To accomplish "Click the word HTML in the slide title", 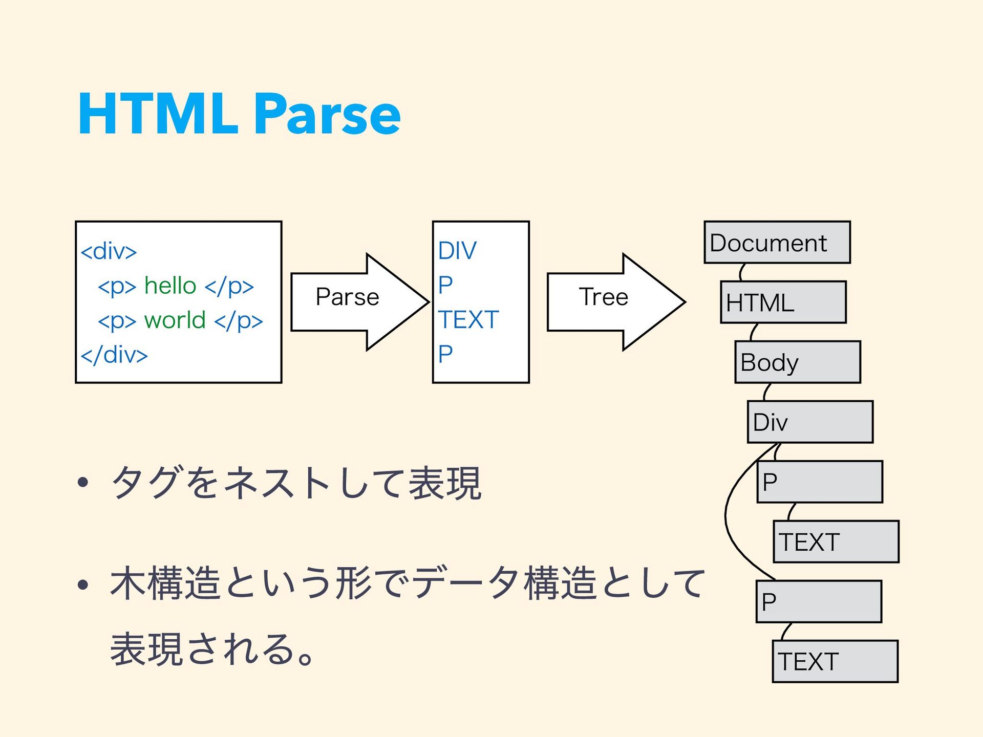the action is [x=158, y=113].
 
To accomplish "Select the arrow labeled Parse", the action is [x=359, y=302].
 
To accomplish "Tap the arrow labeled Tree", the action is [x=616, y=302].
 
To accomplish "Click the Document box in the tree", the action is [x=777, y=242].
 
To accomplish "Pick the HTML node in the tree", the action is [x=783, y=302].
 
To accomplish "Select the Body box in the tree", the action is [x=798, y=362].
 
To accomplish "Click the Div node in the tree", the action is [x=810, y=422].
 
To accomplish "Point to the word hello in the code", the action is [x=170, y=285].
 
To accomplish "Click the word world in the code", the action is [x=175, y=320].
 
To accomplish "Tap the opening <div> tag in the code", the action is [x=109, y=251].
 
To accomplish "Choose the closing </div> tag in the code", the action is [x=114, y=354].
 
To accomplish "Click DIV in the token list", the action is [x=457, y=251].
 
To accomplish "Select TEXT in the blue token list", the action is [x=468, y=320].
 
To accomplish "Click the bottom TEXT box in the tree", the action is [x=835, y=661].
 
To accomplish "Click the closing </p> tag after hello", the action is [x=229, y=286].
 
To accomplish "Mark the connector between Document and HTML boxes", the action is [x=741, y=272].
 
